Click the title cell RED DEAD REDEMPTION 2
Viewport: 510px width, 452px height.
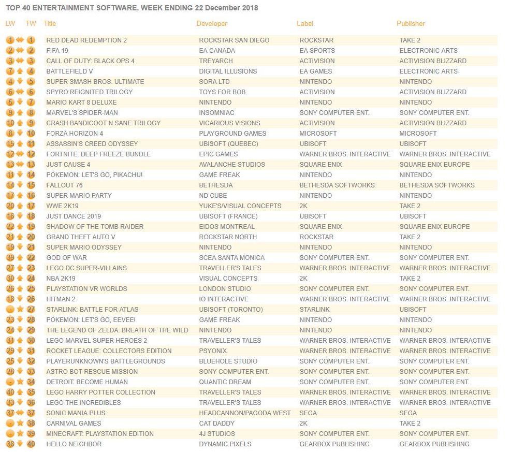pos(86,40)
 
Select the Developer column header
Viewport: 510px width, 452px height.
pos(212,24)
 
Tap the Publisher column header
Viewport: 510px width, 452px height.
pos(411,24)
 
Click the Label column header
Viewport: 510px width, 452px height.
pos(305,24)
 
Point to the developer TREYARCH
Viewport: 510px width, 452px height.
pos(216,61)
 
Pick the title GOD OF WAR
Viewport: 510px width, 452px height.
pos(66,258)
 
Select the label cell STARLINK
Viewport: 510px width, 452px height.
pos(314,310)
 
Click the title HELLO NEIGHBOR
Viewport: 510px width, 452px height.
pos(74,444)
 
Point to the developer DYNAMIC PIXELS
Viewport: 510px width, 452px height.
pos(225,444)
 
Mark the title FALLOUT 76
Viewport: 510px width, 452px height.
pos(64,185)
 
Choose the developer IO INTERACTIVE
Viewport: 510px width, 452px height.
pos(223,299)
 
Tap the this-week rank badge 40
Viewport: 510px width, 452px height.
pos(31,444)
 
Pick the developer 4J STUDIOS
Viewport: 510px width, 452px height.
pos(217,434)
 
